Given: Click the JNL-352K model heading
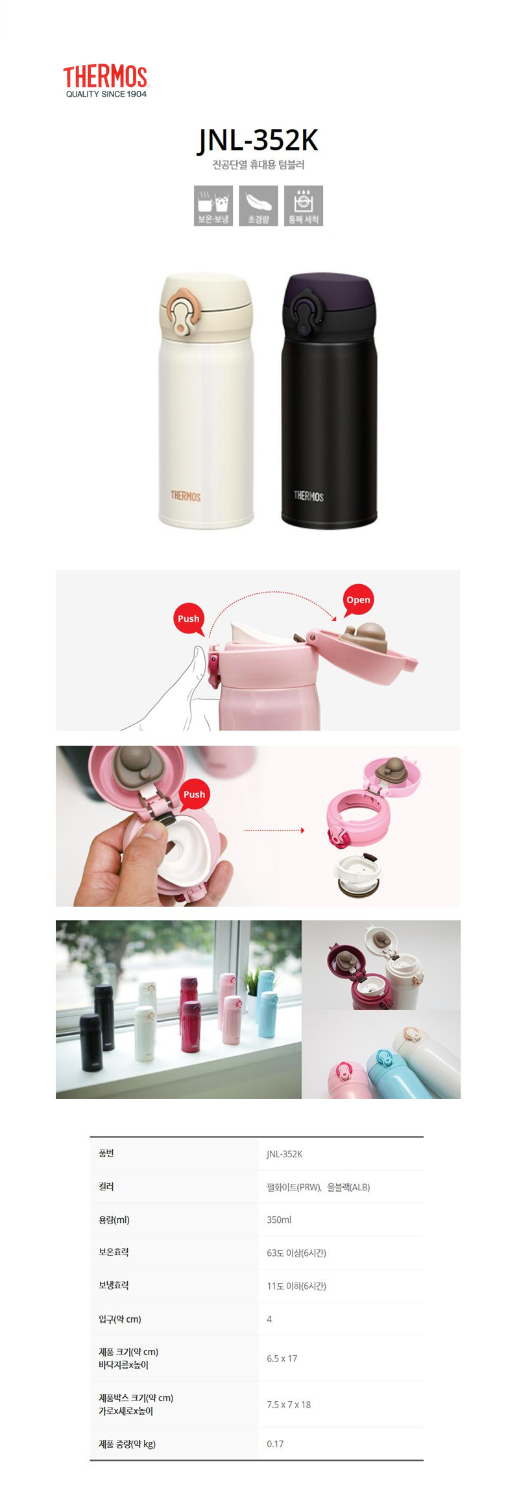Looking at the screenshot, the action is [258, 140].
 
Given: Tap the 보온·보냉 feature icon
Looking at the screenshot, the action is [213, 206].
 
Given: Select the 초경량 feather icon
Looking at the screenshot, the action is [258, 206].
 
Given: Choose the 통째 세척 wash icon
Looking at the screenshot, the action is [304, 206].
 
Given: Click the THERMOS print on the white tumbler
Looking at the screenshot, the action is [186, 496].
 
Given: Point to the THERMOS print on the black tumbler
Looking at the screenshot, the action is [308, 496].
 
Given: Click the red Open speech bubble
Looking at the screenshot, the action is [358, 600].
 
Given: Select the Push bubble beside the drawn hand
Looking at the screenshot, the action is [189, 619].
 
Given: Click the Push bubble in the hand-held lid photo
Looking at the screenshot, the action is [194, 794].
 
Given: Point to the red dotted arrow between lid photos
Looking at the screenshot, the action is [274, 830].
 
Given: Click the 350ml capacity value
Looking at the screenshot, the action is [279, 1220].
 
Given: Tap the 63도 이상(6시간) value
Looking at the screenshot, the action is [296, 1253].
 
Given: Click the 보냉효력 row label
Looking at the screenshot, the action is [114, 1285].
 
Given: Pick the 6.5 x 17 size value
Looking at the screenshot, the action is [282, 1358].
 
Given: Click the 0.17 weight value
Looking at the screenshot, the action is [275, 1444].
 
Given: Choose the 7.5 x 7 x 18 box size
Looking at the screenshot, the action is [289, 1404].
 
